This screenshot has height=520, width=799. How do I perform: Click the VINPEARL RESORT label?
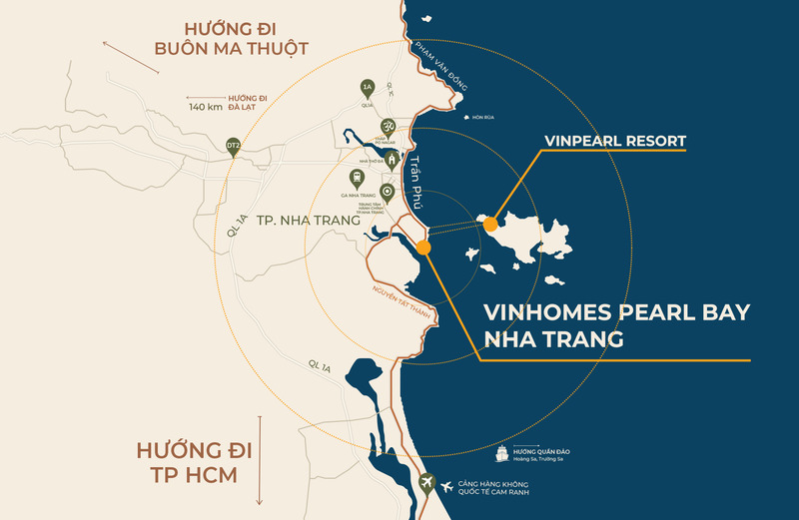click(x=615, y=141)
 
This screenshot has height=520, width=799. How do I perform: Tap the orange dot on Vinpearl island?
click(x=490, y=226)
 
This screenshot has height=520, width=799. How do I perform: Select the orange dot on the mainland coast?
click(x=423, y=246)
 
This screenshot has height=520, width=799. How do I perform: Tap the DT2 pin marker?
click(x=233, y=146)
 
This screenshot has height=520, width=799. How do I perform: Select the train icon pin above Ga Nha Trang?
click(x=371, y=180)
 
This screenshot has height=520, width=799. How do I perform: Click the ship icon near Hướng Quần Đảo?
click(x=501, y=456)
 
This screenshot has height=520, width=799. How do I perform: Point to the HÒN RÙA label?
click(x=483, y=117)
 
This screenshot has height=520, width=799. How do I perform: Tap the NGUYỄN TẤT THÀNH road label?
click(x=403, y=290)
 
